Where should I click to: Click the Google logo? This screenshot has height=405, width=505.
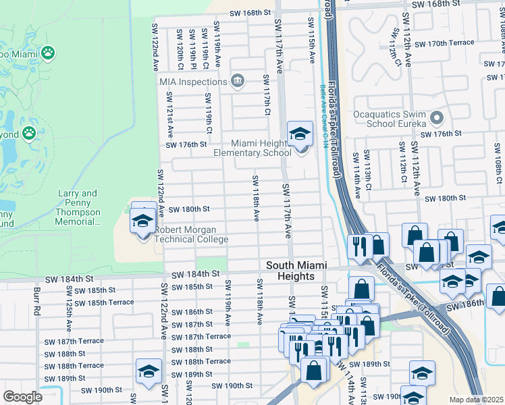23,397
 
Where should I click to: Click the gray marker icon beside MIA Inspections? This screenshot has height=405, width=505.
237,81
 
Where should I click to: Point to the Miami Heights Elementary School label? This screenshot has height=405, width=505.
252,148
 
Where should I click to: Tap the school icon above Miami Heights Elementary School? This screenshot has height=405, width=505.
300,134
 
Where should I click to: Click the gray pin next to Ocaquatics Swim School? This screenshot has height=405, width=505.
436,119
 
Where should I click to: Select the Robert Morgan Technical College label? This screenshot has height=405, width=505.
192,234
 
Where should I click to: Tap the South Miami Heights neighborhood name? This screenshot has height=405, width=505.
290,271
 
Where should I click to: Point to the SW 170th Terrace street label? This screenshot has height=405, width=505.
445,43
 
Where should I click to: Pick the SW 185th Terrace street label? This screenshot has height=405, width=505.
103,302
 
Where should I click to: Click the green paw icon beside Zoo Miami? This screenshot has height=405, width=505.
47,52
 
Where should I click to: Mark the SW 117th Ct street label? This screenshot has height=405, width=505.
267,94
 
